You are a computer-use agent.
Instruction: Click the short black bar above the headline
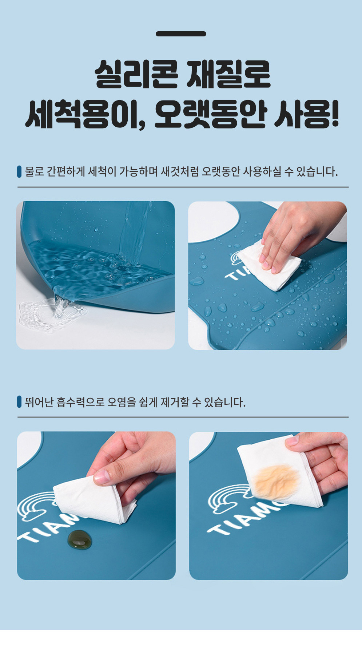click(181, 34)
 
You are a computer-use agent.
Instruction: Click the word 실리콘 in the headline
click(136, 74)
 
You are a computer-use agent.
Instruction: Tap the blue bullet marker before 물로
click(19, 171)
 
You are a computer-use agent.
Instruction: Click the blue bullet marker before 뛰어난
click(19, 402)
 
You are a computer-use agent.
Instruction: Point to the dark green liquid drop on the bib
click(79, 539)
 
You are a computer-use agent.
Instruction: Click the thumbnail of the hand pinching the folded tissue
click(96, 506)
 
